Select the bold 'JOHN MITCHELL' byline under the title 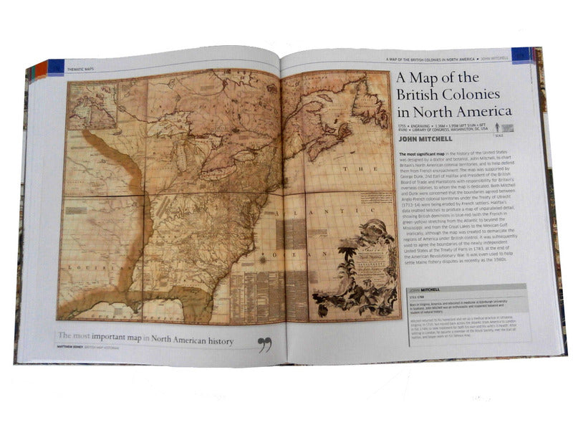click(426, 139)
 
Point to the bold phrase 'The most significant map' click(421, 154)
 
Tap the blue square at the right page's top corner click(521, 54)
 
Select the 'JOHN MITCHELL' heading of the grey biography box click(422, 289)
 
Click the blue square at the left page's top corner click(57, 67)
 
